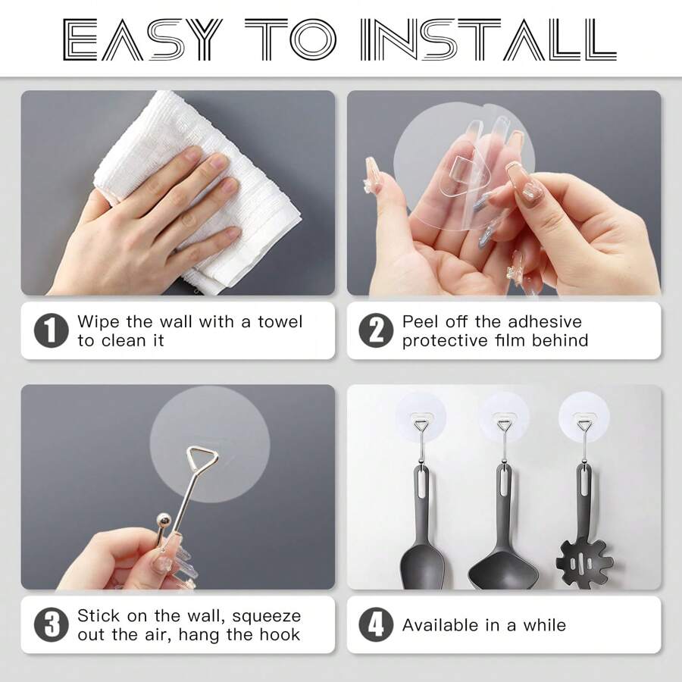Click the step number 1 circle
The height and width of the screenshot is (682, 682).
click(51, 331)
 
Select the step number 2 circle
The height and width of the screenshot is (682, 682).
click(376, 331)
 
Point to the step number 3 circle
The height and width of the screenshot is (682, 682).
click(51, 625)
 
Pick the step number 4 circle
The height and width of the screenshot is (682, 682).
click(376, 625)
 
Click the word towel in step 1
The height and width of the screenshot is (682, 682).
click(280, 322)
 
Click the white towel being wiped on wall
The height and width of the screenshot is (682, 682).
click(197, 189)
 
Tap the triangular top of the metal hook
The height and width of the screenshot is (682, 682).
click(202, 458)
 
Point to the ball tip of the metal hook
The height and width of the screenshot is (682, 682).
click(162, 521)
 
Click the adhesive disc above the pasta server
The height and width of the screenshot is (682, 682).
click(584, 413)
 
